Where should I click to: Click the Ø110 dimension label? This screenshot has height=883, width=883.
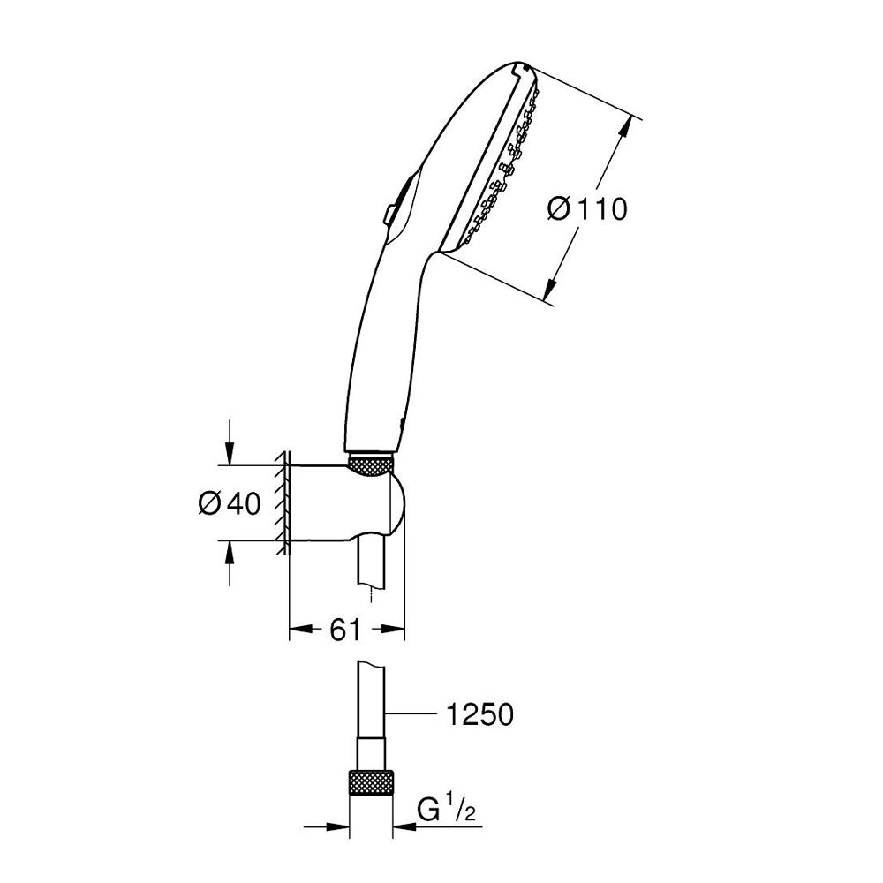pos(587,209)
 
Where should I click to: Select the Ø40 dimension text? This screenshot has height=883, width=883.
pos(230,503)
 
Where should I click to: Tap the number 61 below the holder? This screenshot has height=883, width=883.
pos(344,630)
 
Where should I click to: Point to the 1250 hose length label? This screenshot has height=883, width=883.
pos(479,714)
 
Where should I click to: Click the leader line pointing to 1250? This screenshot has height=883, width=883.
pos(411,714)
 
